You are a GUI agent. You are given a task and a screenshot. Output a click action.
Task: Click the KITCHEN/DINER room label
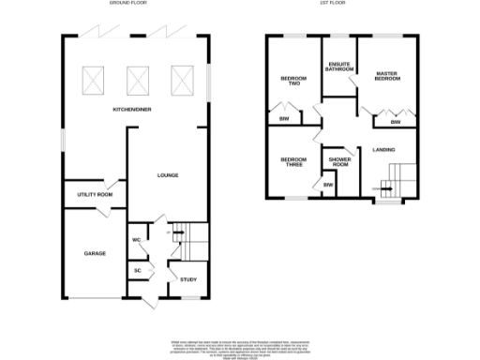click(133, 110)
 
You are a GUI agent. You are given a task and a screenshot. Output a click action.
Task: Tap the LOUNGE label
click(168, 175)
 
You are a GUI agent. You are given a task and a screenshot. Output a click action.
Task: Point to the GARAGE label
click(95, 253)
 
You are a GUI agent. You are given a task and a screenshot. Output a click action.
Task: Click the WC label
click(136, 240)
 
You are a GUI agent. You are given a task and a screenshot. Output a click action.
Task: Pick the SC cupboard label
click(137, 271)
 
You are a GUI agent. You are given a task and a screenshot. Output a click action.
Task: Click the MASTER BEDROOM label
click(387, 75)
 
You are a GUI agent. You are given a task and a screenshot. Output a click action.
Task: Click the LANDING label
click(383, 150)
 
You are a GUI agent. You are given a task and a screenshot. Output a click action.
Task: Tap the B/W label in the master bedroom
click(395, 123)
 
